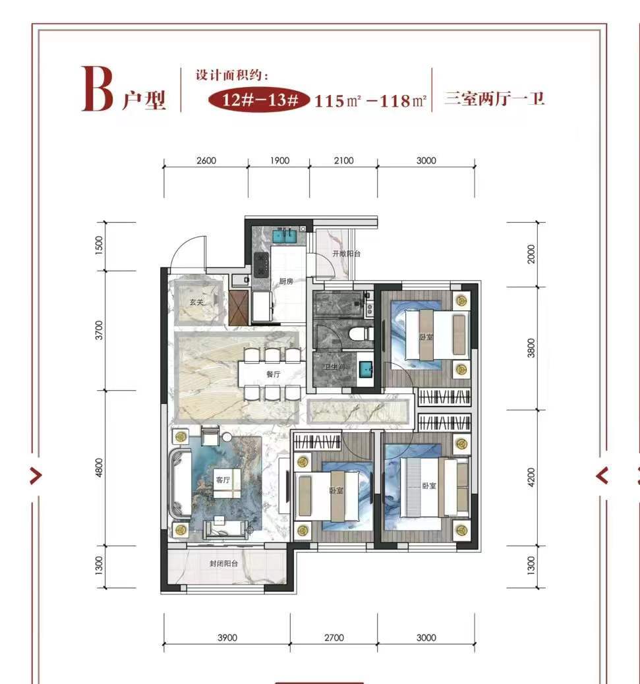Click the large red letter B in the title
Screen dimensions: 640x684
[98, 89]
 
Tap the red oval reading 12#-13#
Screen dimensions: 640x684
[259, 100]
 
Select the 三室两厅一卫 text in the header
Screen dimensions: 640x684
[495, 99]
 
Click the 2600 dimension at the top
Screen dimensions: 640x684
[206, 161]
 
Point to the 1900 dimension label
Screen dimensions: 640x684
[279, 161]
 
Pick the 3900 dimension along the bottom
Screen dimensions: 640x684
[227, 638]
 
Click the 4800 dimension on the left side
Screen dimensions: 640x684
[100, 468]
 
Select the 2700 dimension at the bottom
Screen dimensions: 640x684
[334, 638]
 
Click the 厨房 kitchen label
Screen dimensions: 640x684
[286, 281]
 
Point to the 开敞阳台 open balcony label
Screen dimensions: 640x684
[347, 254]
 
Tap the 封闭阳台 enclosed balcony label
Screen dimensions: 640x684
[224, 563]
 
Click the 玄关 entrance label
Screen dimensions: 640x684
[197, 302]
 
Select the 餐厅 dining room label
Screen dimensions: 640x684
[274, 374]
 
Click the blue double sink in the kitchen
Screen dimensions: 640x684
[285, 236]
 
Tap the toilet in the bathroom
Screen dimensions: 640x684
[361, 335]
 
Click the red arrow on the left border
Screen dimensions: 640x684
[36, 476]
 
